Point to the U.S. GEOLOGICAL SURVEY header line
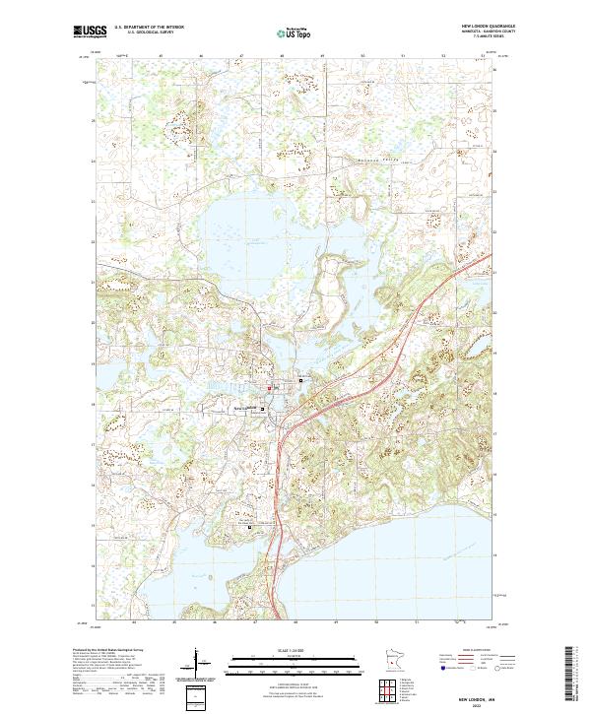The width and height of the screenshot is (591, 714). (148, 32)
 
